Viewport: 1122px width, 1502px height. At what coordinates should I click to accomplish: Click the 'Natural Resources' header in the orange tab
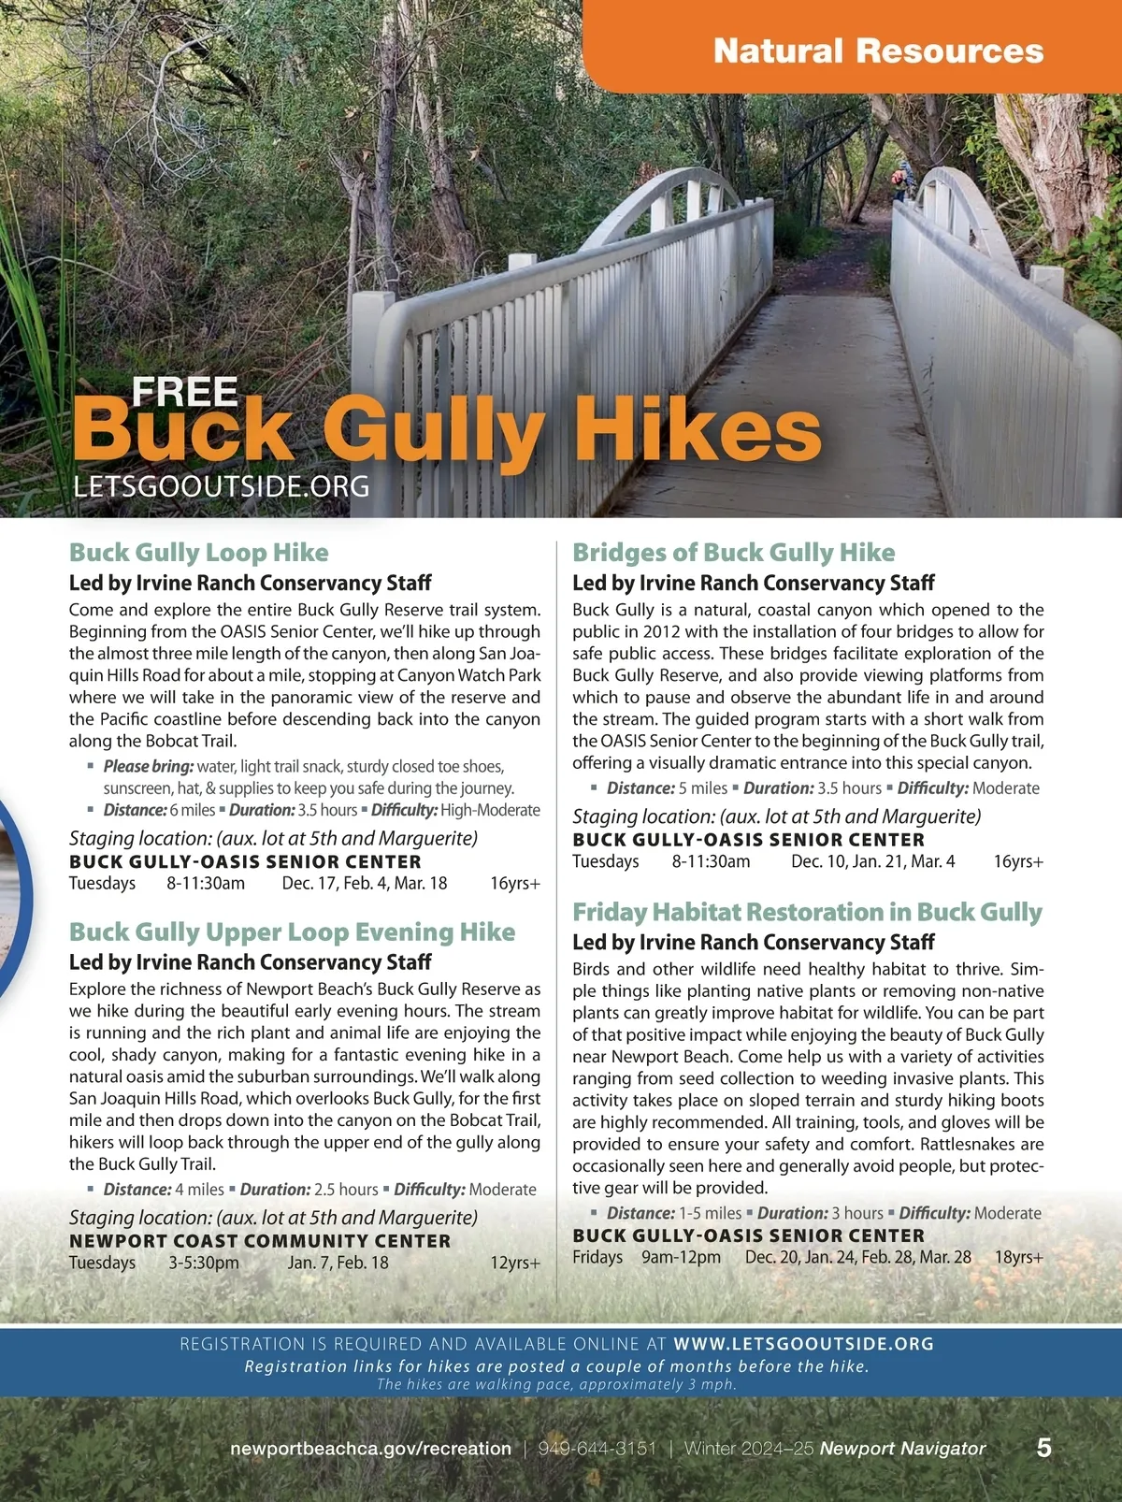[878, 51]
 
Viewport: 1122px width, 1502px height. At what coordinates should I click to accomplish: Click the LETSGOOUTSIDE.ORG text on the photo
[221, 486]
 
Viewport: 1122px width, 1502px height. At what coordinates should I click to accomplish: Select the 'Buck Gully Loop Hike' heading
[198, 553]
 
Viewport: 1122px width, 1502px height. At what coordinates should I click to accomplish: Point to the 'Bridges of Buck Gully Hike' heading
[733, 553]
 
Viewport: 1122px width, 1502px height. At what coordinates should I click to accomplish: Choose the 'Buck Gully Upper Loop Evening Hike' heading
[292, 932]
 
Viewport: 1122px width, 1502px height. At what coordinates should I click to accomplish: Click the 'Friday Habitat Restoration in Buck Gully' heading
[807, 912]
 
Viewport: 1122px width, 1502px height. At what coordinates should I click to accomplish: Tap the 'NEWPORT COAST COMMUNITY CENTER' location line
[260, 1241]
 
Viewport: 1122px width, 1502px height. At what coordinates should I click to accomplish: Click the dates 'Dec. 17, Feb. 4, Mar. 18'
[365, 884]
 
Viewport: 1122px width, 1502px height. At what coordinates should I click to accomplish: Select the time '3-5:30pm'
[204, 1263]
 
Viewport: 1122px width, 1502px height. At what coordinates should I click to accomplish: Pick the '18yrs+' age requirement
[1018, 1257]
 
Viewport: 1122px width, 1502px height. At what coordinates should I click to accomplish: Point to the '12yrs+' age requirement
[515, 1263]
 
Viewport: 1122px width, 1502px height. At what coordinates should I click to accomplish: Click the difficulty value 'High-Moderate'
[490, 810]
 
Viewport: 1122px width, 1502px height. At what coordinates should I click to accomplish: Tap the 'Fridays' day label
[597, 1257]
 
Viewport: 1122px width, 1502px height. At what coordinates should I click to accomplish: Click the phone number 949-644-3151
[597, 1449]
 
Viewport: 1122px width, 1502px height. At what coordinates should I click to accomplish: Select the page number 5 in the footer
[1043, 1448]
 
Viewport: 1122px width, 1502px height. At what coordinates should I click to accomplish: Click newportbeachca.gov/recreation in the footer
[370, 1449]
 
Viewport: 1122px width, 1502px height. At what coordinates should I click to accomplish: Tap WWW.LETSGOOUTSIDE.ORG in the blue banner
[803, 1344]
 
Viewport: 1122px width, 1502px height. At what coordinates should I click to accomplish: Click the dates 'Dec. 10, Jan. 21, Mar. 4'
[873, 861]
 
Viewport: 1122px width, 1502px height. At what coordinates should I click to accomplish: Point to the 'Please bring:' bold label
[149, 767]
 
